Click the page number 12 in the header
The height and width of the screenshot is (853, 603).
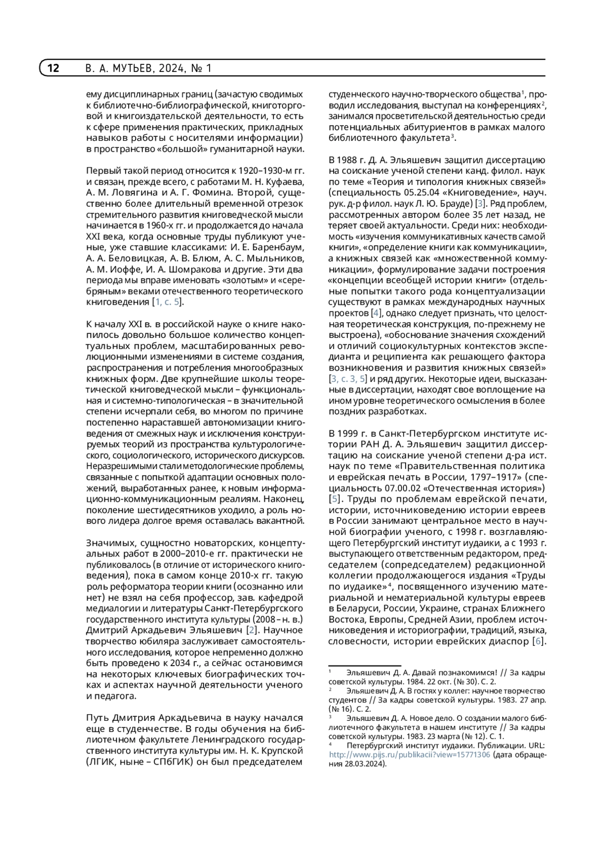click(x=53, y=68)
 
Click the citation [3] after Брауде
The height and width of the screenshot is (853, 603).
click(x=480, y=203)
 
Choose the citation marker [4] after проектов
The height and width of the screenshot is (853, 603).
click(x=376, y=313)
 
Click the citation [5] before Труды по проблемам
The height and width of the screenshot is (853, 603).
click(x=335, y=499)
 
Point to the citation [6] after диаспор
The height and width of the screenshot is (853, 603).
click(x=539, y=641)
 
